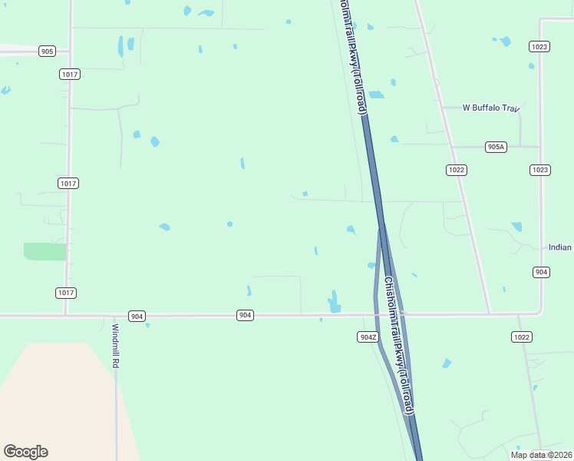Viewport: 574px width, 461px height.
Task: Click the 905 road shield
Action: click(x=48, y=51)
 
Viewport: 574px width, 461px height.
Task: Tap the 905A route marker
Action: click(x=496, y=147)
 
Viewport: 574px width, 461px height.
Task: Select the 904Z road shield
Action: click(x=368, y=337)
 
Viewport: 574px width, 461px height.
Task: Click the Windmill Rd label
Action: click(x=115, y=346)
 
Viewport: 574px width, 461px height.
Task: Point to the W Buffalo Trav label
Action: click(x=491, y=108)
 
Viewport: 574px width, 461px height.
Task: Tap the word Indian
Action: click(x=560, y=247)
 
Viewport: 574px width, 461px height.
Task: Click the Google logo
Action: click(x=25, y=452)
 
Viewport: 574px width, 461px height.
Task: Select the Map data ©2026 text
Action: click(x=541, y=455)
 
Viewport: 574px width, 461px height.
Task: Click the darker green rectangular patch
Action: click(x=45, y=251)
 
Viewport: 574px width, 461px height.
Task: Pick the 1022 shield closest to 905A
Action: click(x=457, y=170)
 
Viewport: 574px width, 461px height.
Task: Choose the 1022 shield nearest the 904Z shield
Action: click(x=522, y=337)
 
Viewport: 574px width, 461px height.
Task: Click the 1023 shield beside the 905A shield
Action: click(x=539, y=170)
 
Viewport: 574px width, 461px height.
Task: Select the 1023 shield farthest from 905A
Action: click(x=539, y=47)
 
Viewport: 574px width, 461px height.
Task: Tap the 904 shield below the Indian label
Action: click(x=541, y=273)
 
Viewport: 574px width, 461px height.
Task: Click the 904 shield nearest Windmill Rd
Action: click(x=137, y=316)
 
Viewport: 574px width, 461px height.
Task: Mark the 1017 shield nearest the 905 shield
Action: click(x=69, y=74)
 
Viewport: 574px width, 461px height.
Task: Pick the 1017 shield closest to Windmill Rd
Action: click(x=66, y=293)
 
